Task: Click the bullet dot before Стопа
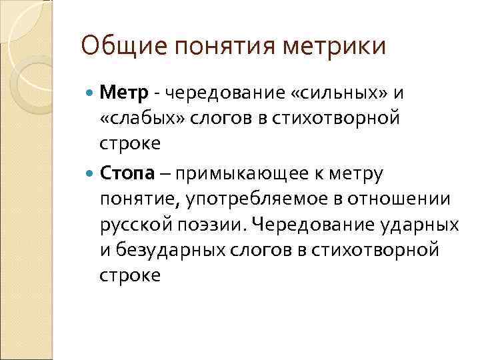[x=91, y=174]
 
